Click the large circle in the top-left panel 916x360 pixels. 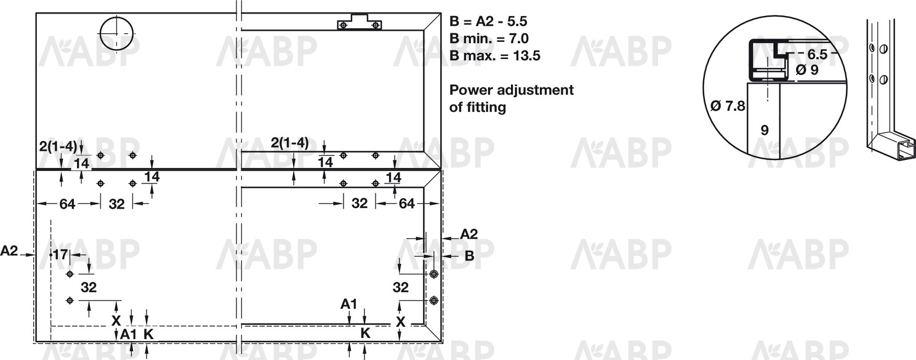pos(116,33)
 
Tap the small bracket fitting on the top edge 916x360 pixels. pos(360,23)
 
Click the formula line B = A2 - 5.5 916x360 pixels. pos(488,22)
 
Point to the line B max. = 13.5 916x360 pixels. pos(495,55)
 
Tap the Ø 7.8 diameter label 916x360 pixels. pos(728,106)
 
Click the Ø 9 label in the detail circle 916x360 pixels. pos(807,70)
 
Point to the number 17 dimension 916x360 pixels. pos(60,255)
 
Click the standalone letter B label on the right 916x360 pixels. pos(469,256)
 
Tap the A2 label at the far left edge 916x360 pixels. pos(10,251)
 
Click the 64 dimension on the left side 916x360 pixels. pos(67,204)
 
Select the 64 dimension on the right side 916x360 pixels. pos(407,203)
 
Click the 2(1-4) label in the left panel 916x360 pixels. pos(57,146)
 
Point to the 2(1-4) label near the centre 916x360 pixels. pos(289,143)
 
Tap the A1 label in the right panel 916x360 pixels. pos(349,303)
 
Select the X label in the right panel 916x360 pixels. pos(400,322)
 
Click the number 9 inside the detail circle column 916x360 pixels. pos(764,130)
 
